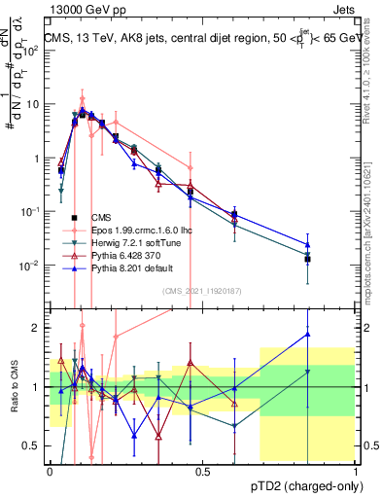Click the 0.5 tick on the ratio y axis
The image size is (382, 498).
pyautogui.click(x=34, y=446)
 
